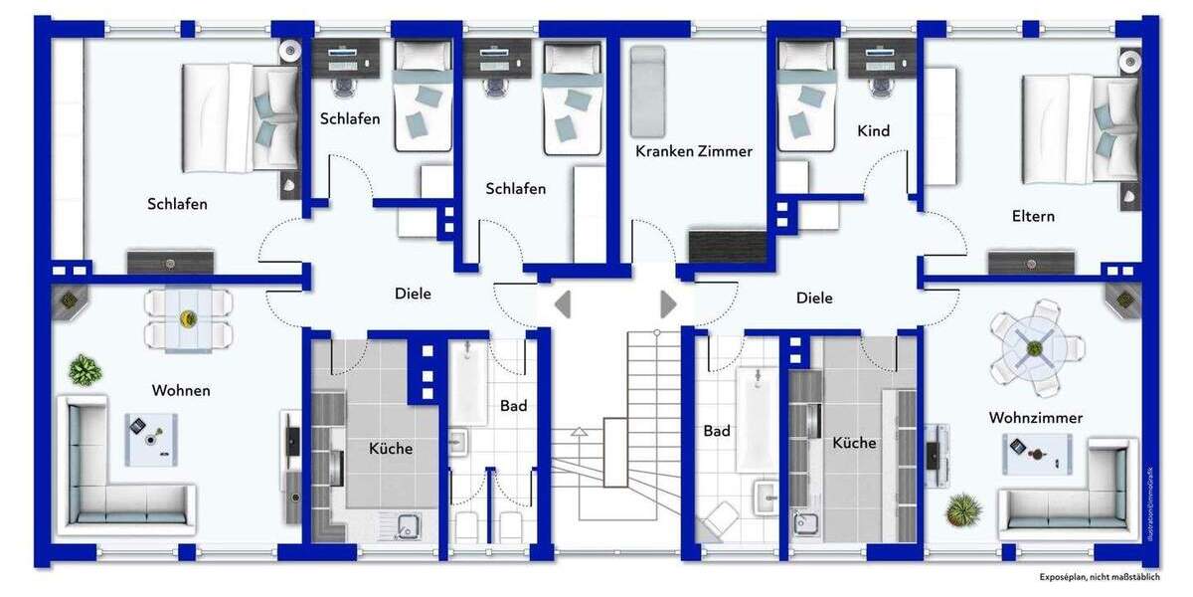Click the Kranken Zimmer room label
[694, 151]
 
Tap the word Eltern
[1033, 216]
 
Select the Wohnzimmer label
[1035, 418]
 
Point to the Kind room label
[873, 130]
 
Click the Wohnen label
[181, 390]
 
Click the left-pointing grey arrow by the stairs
[563, 303]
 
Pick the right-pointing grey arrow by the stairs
[668, 303]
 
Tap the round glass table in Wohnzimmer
[1034, 349]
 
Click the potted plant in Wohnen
[85, 370]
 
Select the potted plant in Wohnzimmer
[963, 510]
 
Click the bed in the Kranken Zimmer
[647, 91]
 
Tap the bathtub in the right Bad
[756, 418]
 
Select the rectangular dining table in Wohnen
[188, 318]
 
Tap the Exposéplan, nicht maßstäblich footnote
[1099, 577]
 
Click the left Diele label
[413, 294]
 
